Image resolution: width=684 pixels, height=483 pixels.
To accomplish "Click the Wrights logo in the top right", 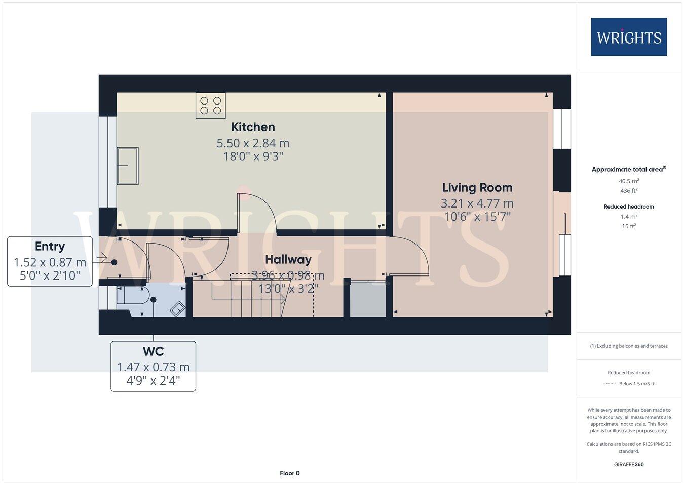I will click(629, 37).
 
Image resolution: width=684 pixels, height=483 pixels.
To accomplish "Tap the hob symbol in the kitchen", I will click(211, 106).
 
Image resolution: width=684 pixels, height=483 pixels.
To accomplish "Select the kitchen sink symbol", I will click(128, 165).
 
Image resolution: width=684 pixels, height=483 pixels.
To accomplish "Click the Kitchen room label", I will click(253, 127).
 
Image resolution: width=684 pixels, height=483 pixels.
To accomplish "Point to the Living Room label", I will click(477, 188).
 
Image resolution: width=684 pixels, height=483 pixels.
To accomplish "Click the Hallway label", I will click(288, 259).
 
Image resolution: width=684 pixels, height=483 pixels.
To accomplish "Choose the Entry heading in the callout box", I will click(50, 247).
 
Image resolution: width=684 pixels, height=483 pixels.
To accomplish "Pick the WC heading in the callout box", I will click(153, 351).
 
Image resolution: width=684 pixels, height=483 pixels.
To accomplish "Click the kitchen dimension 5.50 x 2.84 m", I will click(253, 143).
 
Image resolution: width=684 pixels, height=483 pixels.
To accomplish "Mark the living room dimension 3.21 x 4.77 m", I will click(477, 203).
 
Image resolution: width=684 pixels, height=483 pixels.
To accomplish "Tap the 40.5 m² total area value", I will click(629, 181).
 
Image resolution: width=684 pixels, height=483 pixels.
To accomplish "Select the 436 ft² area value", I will click(629, 191).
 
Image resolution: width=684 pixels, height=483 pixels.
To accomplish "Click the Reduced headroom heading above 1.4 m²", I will click(629, 206).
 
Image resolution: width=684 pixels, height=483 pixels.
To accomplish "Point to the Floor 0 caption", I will click(290, 473).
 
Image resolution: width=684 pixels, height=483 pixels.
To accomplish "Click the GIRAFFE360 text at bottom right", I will click(629, 464).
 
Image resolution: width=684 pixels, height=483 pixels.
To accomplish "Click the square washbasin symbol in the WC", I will click(177, 308).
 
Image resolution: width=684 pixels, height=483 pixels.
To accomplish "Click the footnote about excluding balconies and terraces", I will click(629, 346).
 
